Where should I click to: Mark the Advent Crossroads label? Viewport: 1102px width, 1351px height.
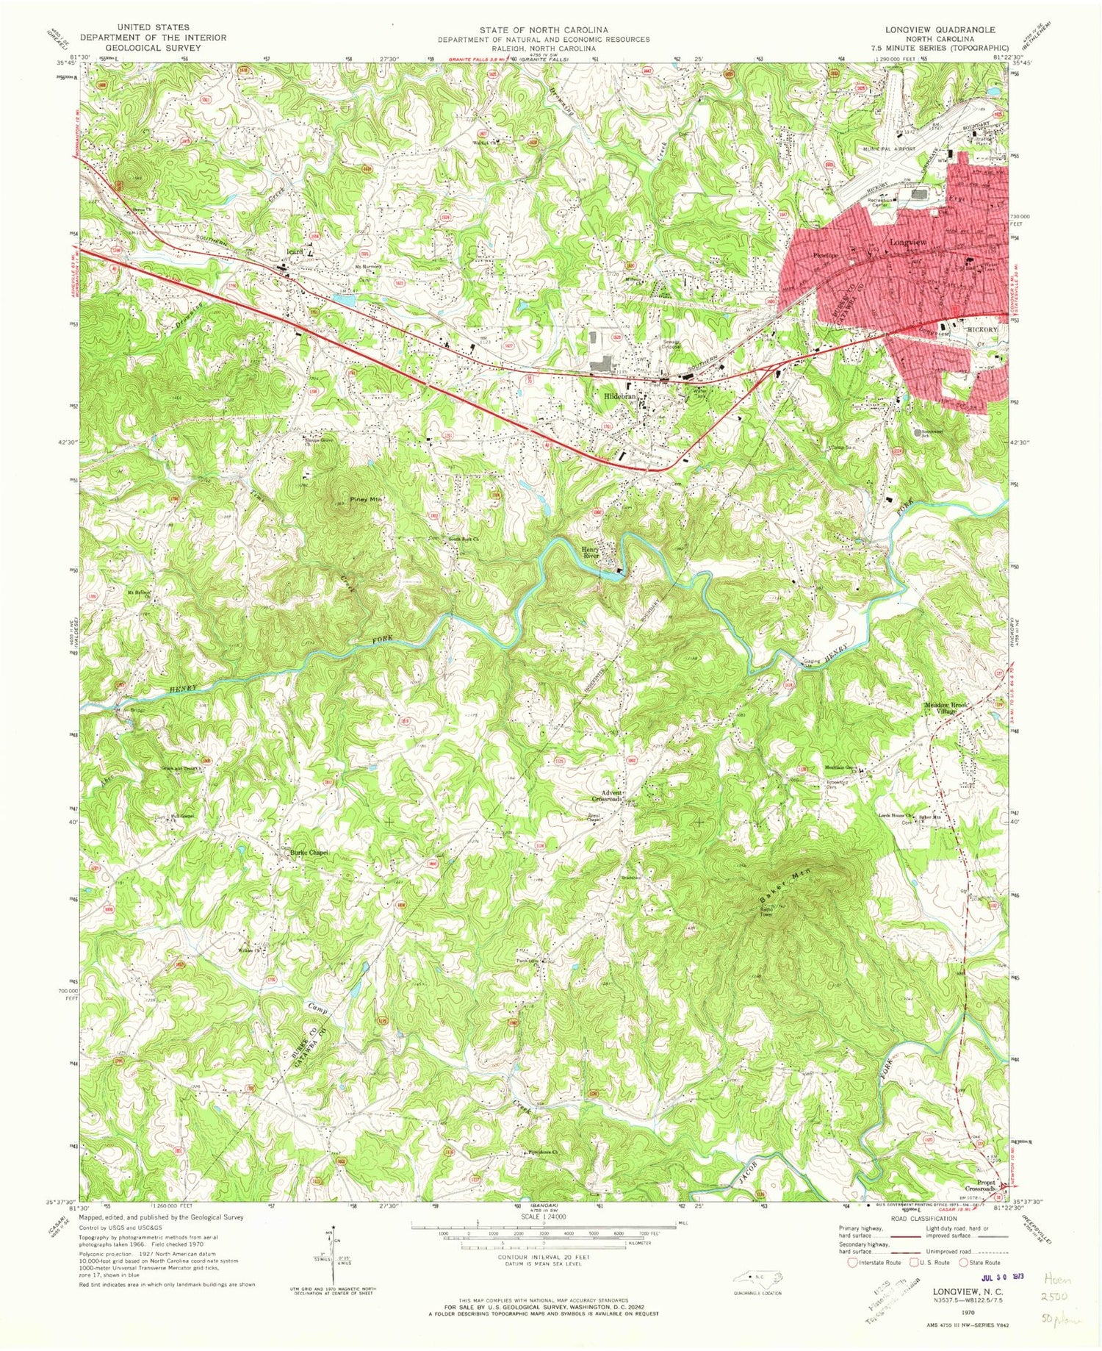pos(610,796)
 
